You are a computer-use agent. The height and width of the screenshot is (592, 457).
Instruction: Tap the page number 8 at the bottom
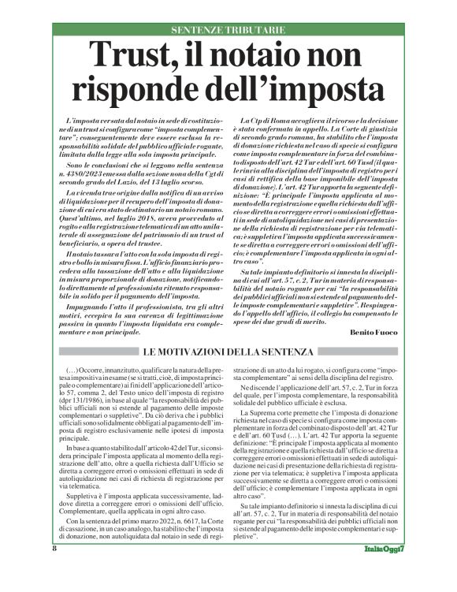click(x=55, y=570)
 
